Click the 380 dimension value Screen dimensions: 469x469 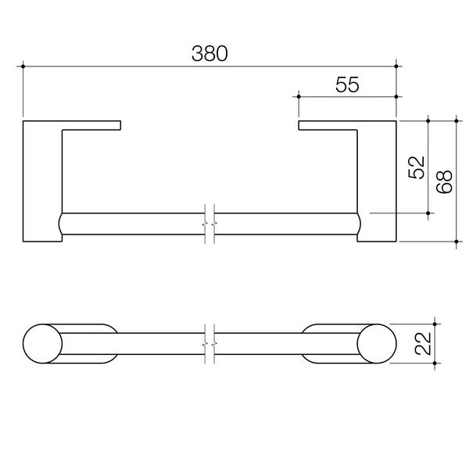(x=209, y=53)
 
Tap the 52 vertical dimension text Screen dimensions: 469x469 (x=416, y=166)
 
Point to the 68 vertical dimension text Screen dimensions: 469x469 (x=443, y=181)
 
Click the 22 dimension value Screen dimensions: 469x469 (x=423, y=344)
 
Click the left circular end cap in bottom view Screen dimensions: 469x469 (x=41, y=344)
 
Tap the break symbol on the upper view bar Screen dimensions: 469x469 (x=209, y=224)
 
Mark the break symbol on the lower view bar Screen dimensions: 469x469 (x=209, y=344)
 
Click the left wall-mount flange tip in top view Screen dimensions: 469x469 (x=117, y=124)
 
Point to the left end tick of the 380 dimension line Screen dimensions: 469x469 (x=24, y=66)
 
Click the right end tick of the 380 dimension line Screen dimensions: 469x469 (x=398, y=66)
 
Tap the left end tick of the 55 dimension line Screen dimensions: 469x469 (x=299, y=97)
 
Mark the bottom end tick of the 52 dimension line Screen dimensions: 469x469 (x=429, y=212)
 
